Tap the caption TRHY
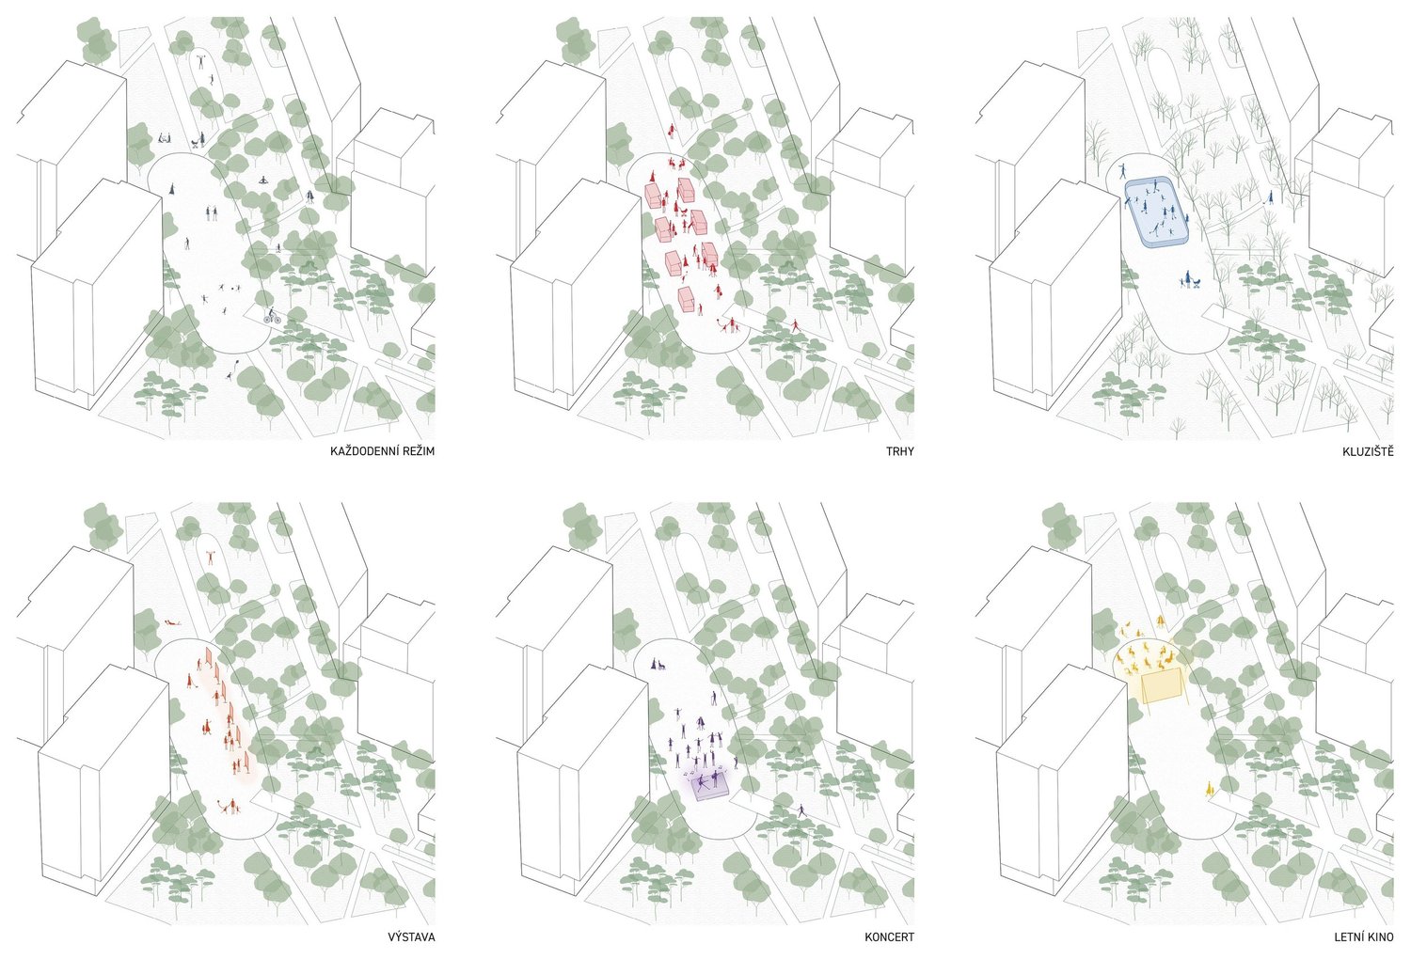899,451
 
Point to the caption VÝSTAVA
411,937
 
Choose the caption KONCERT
889,937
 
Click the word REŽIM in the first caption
419,451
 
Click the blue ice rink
1157,212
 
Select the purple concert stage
710,787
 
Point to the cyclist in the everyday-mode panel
272,316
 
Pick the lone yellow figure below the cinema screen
1209,789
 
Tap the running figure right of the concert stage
801,811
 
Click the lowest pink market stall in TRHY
687,299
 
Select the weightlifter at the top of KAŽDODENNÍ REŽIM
201,62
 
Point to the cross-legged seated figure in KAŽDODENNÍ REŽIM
264,181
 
